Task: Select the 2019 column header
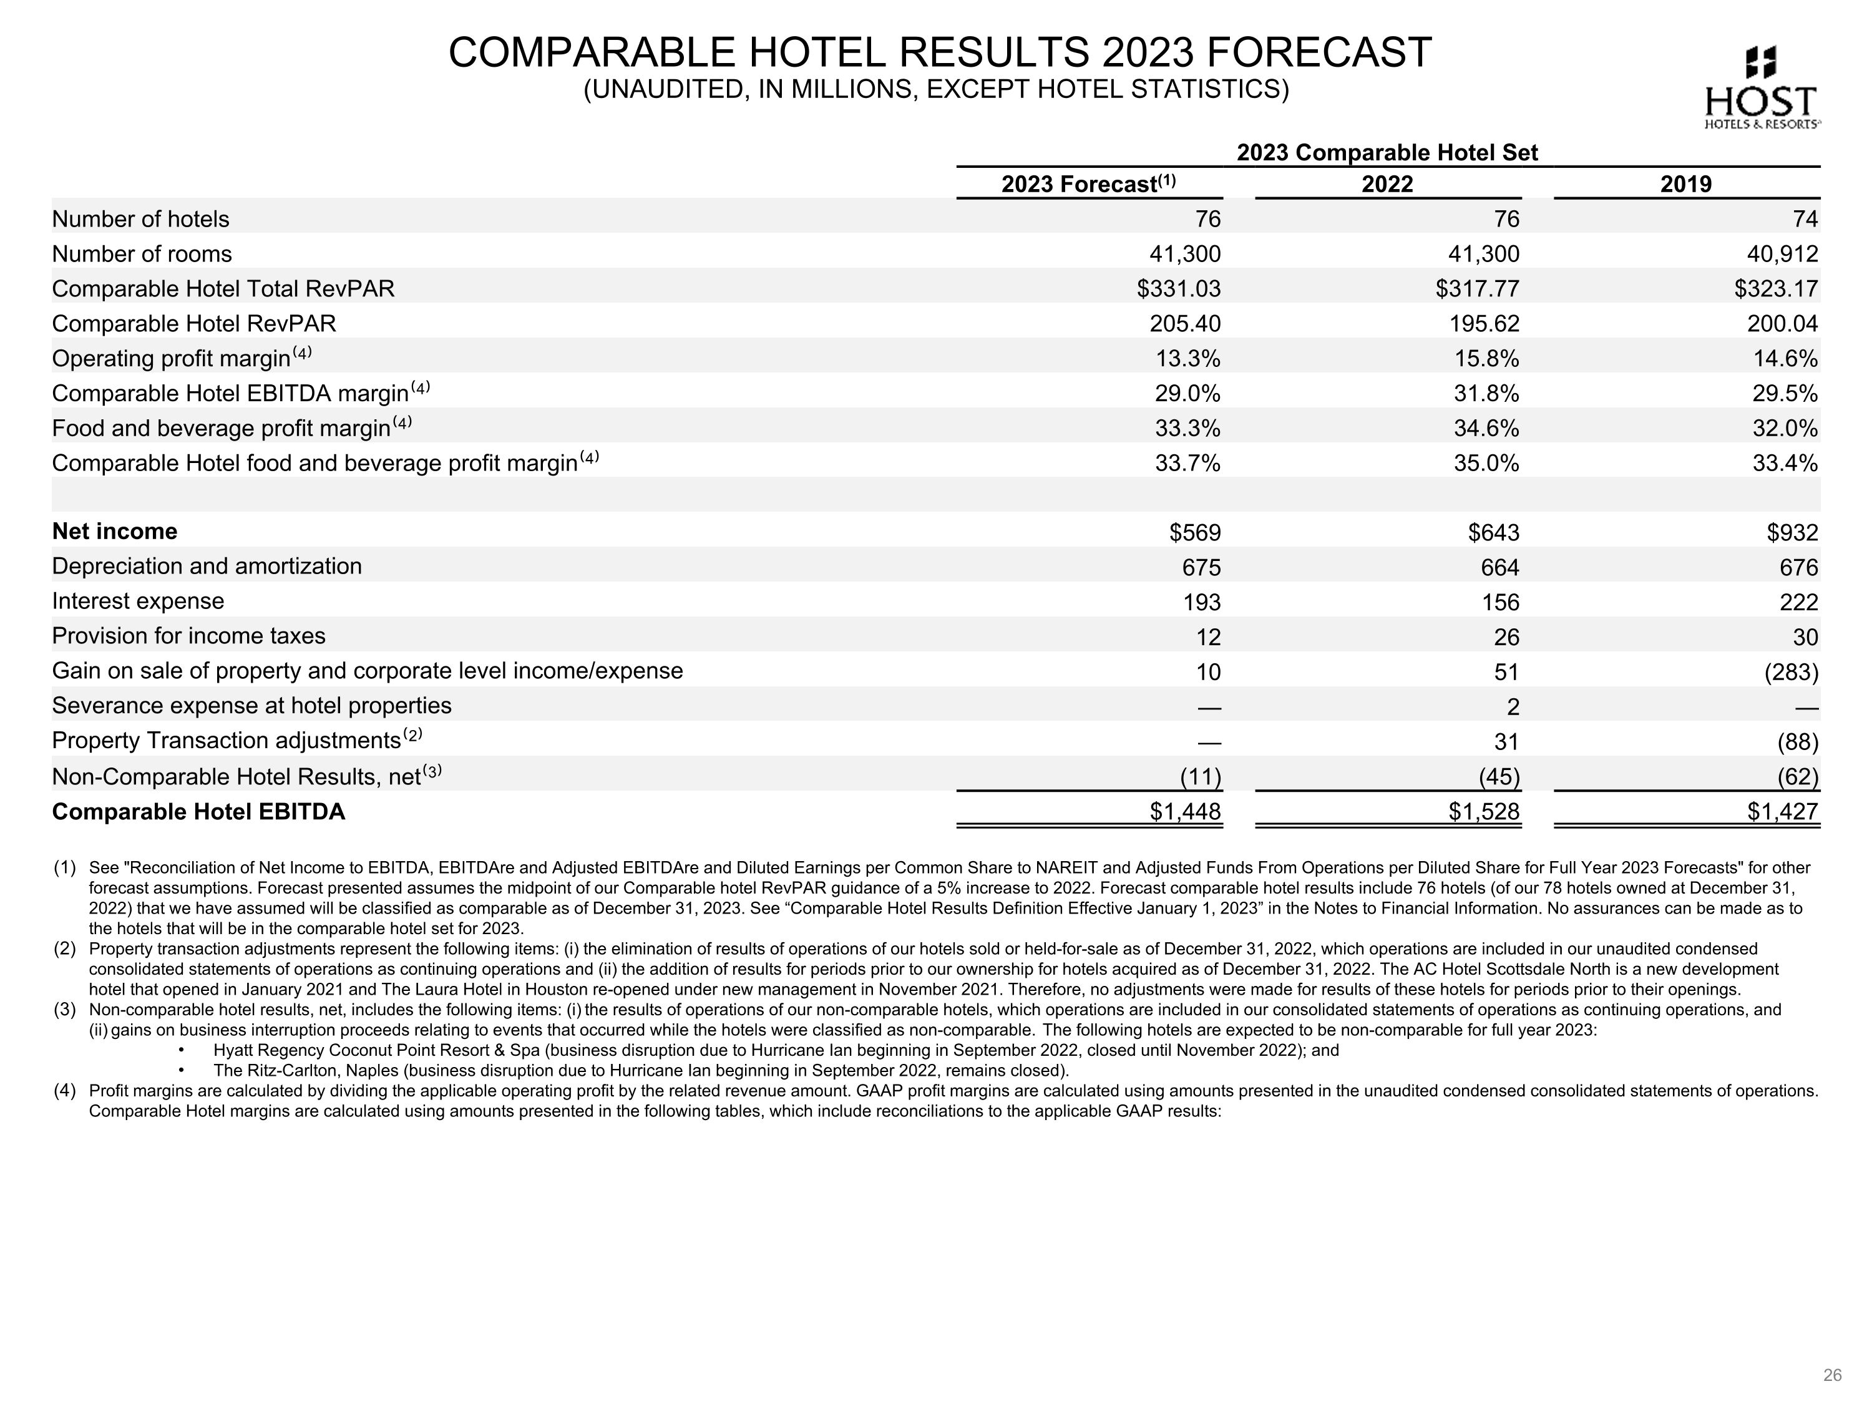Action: tap(1686, 183)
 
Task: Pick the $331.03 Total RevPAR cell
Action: tap(1178, 288)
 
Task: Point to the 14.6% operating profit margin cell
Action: tap(1786, 359)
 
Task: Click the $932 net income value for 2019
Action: tap(1792, 532)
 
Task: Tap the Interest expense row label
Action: tap(138, 601)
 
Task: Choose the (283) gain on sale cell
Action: tap(1791, 672)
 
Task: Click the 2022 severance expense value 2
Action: tap(1513, 706)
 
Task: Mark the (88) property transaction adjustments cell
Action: tap(1796, 741)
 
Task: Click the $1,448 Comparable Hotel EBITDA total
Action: tap(1185, 812)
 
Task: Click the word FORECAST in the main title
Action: tap(1319, 52)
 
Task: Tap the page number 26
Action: tap(1831, 1375)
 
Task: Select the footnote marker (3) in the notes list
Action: tap(65, 1010)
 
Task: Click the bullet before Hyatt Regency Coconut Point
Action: tap(182, 1050)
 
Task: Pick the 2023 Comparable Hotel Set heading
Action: tap(1387, 152)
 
